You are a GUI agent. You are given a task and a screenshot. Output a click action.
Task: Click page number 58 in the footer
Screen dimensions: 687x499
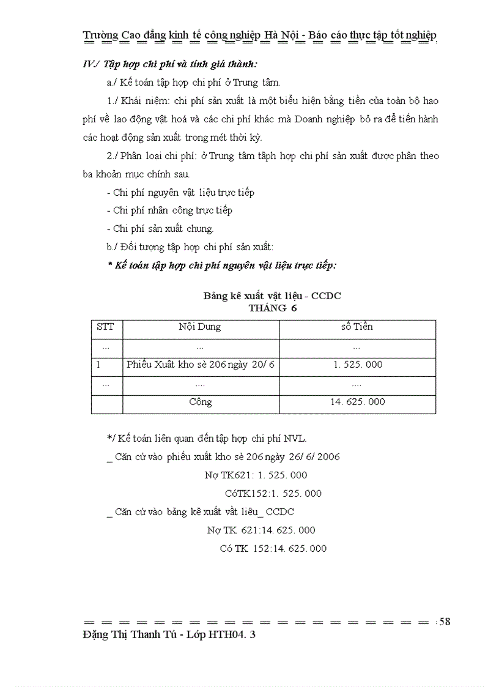tap(445, 622)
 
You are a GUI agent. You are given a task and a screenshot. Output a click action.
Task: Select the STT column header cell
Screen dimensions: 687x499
tap(105, 327)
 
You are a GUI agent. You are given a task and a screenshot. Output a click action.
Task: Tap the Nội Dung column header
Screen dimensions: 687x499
tap(200, 327)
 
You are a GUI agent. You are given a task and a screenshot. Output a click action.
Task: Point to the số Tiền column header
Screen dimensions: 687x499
tap(357, 327)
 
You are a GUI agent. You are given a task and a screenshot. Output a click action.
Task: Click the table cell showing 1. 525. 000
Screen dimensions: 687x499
tap(358, 365)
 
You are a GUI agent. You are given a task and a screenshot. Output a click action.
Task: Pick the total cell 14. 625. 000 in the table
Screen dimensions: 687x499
tap(358, 402)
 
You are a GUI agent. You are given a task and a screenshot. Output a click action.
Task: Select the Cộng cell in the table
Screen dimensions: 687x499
tap(201, 402)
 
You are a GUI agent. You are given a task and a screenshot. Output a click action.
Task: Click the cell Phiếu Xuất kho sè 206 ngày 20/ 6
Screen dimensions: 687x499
tap(201, 365)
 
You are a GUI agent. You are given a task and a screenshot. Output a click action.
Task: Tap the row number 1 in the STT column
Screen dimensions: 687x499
tap(98, 365)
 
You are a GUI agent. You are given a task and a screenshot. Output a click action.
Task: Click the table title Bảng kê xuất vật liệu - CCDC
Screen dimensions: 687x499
tap(272, 296)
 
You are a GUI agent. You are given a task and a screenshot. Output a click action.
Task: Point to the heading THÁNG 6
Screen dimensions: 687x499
tap(273, 308)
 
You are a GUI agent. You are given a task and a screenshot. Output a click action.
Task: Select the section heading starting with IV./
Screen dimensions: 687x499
tap(170, 64)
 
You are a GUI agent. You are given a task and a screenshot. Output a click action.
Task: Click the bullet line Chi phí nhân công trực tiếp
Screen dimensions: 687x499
tap(173, 210)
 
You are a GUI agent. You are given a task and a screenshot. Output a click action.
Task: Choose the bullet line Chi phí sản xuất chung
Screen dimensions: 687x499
tap(163, 229)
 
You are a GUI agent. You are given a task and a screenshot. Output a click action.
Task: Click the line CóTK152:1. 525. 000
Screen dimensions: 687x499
tap(273, 493)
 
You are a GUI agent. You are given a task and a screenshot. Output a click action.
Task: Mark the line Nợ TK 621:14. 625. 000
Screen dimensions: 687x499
tap(261, 530)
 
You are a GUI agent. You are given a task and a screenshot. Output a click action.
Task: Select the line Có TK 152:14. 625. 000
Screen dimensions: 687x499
tap(273, 548)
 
